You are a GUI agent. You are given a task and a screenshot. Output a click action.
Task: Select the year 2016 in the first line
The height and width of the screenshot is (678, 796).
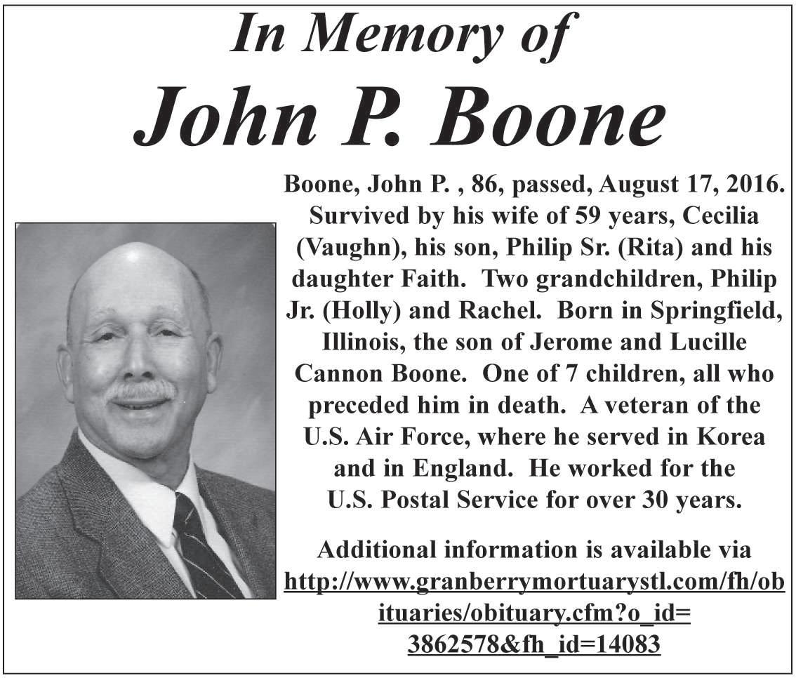pos(747,185)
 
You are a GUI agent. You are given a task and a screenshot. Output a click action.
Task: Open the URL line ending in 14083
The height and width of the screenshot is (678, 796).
pos(533,643)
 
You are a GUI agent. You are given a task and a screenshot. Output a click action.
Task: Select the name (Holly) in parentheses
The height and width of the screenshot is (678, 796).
pos(355,311)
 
